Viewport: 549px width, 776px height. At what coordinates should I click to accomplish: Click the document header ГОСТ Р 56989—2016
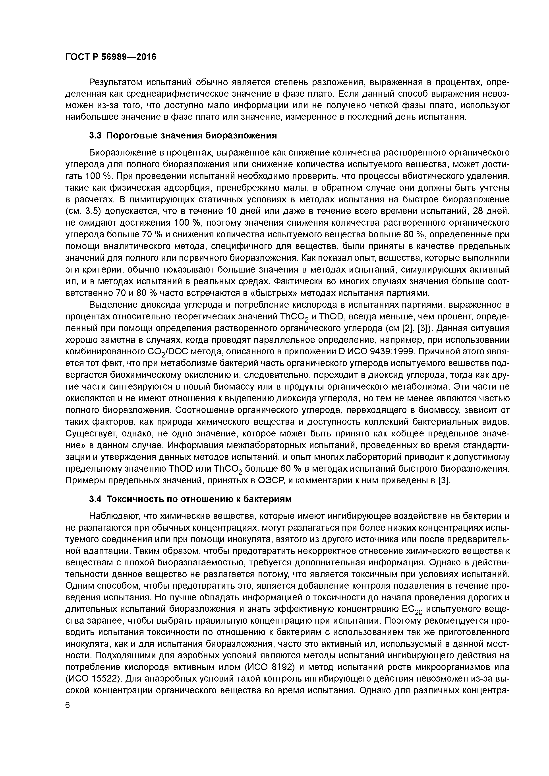click(111, 57)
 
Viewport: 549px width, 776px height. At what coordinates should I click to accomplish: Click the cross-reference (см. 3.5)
click(83, 211)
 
